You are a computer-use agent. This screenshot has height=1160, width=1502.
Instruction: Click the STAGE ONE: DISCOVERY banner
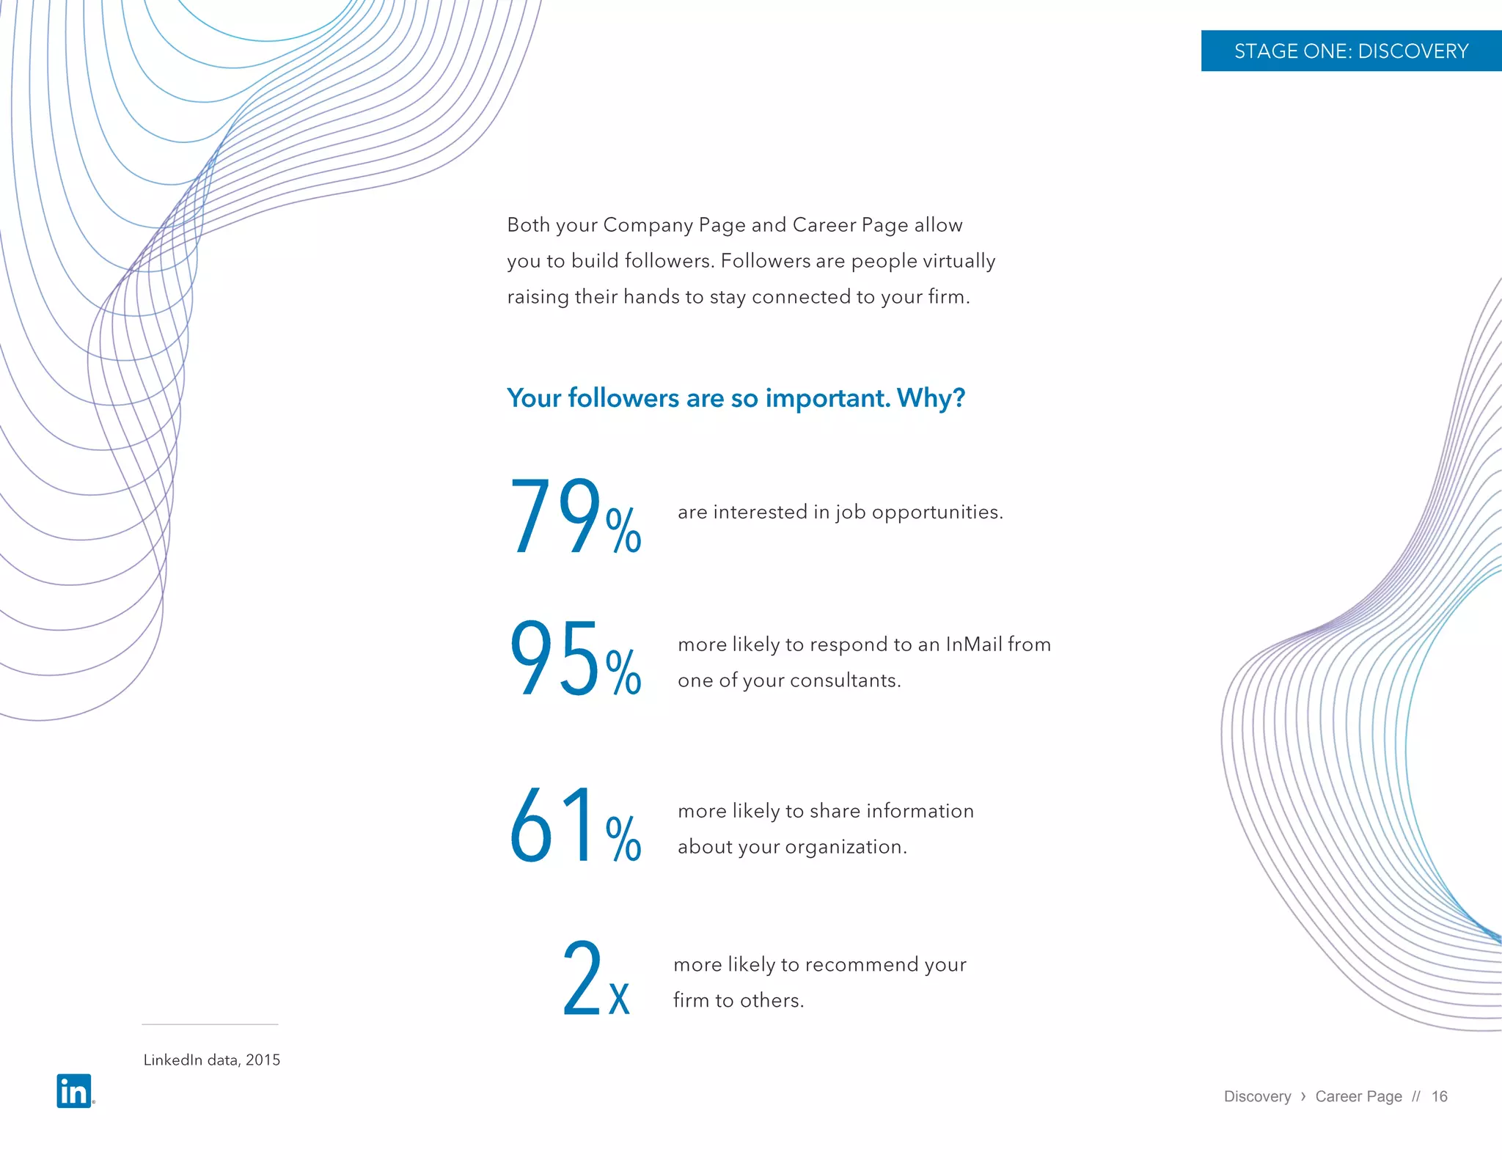click(1351, 51)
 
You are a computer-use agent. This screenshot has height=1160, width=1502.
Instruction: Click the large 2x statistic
click(596, 980)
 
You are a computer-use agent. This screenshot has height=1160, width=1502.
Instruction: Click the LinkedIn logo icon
click(74, 1091)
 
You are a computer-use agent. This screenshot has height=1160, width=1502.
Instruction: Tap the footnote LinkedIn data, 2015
click(211, 1060)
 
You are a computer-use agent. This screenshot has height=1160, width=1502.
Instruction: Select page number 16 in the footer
click(1439, 1096)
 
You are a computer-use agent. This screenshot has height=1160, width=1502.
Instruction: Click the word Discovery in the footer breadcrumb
click(1257, 1096)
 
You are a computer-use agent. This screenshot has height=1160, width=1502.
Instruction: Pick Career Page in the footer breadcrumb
click(1358, 1096)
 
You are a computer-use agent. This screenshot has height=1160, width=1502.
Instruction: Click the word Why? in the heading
click(931, 398)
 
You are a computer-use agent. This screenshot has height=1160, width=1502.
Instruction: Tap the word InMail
click(973, 645)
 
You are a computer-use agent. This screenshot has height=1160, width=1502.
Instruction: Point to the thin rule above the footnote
click(210, 1024)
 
